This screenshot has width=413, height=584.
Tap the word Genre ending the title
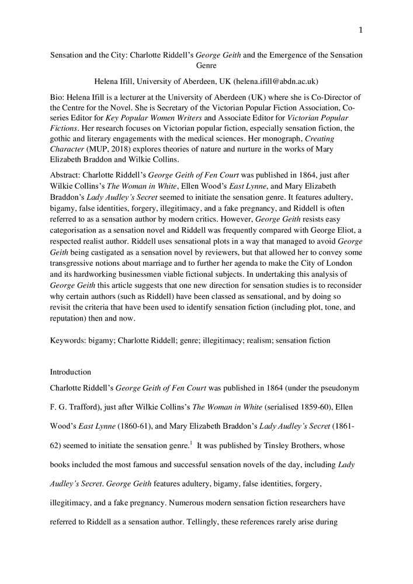[206, 66]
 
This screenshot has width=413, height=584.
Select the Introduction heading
[70, 371]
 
